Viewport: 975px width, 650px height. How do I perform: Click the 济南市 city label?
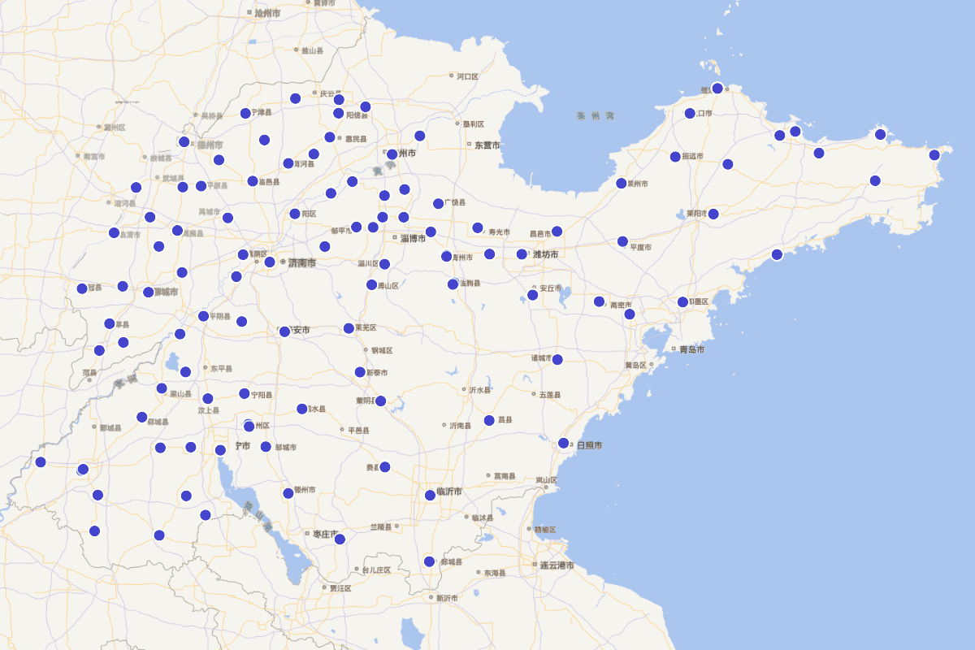point(301,262)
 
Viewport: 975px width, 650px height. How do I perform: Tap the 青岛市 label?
point(691,349)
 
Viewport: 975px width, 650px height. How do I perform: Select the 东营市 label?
point(486,145)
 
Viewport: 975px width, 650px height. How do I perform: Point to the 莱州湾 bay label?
point(596,116)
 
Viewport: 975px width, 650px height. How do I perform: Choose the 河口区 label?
point(467,76)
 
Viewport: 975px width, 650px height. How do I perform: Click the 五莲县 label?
point(549,395)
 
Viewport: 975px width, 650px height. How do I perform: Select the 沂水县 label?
point(479,390)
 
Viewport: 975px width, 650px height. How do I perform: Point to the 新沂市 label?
point(446,598)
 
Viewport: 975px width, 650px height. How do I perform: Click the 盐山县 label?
point(312,50)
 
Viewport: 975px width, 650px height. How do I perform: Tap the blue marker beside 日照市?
point(563,443)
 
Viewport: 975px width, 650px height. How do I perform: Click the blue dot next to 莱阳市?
point(713,214)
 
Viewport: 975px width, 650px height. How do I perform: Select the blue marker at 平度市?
point(622,241)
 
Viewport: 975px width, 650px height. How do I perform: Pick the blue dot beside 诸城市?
point(557,359)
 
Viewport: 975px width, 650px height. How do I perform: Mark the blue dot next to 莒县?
point(489,420)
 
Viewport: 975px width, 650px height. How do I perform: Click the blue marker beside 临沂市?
point(430,495)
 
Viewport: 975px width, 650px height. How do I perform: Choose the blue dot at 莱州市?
point(621,183)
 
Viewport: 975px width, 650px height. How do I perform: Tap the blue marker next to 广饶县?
point(438,203)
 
